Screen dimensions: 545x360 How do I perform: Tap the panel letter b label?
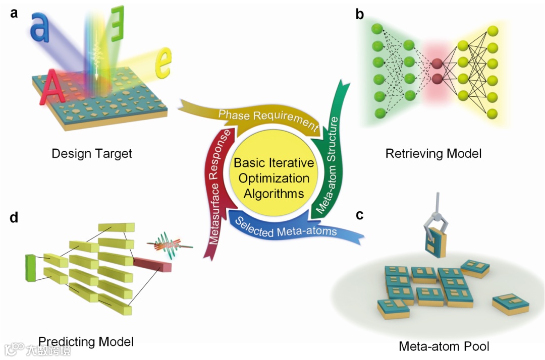[359, 14]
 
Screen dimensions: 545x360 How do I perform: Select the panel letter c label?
[360, 215]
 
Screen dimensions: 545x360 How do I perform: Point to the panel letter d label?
[14, 217]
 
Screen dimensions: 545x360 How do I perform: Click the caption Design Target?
[92, 153]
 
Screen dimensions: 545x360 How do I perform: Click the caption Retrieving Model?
[433, 153]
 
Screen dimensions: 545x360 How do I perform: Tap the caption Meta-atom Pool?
[444, 346]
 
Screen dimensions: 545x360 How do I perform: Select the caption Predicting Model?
[86, 342]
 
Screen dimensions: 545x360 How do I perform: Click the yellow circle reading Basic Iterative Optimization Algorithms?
[274, 178]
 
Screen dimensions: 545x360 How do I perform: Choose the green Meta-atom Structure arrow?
[330, 149]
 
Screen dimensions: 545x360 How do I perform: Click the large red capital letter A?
[51, 87]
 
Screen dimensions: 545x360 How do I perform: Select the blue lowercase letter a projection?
[39, 27]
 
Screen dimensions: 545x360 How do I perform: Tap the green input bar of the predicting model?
[31, 268]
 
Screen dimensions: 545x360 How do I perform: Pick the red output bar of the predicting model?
[152, 265]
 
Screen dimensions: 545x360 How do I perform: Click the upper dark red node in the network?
[437, 64]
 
